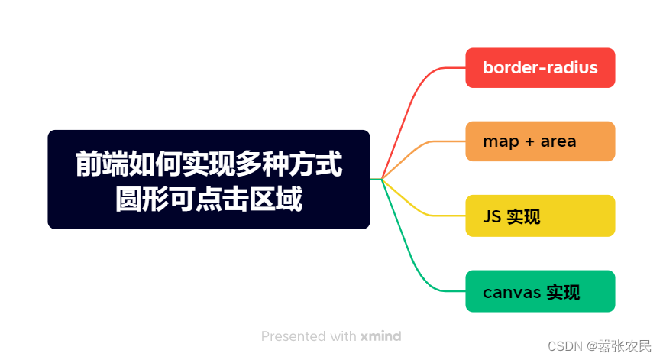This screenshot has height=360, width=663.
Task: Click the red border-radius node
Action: [540, 68]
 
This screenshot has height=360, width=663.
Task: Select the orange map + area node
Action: [540, 141]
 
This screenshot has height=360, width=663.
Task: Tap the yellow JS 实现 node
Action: [540, 216]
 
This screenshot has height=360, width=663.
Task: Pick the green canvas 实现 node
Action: [540, 291]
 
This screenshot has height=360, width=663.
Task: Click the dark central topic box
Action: [209, 180]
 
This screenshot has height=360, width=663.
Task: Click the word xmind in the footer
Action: [380, 336]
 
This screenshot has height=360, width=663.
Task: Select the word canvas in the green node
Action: [512, 292]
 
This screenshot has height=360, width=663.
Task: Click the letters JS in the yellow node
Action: [492, 216]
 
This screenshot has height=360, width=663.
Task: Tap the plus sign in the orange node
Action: [530, 141]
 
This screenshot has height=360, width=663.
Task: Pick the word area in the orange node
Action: [558, 141]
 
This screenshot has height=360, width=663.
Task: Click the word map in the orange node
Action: [501, 143]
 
